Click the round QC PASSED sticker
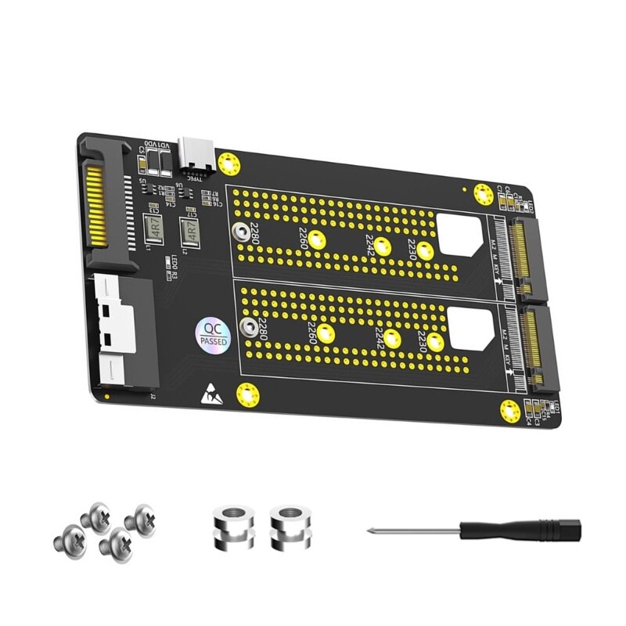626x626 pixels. click(210, 334)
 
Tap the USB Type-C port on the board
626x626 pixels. click(194, 153)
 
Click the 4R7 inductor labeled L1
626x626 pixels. click(155, 227)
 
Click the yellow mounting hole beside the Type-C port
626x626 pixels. click(228, 164)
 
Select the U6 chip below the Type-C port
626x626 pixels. click(179, 187)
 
